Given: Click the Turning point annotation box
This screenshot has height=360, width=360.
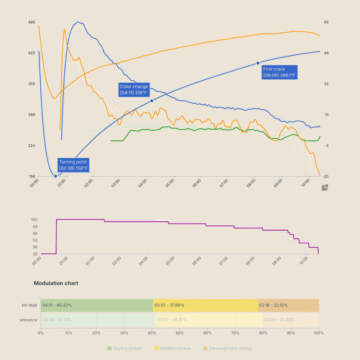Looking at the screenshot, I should click(73, 165).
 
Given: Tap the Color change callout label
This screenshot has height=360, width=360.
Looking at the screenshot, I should click(134, 90).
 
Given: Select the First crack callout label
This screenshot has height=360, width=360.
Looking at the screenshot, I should click(279, 72).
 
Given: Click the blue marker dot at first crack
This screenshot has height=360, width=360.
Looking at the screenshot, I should click(258, 63).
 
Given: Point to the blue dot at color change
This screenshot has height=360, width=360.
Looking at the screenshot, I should click(152, 101).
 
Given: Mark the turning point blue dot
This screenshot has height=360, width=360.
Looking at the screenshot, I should click(55, 176).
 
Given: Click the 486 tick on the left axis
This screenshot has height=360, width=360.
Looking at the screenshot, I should click(32, 22).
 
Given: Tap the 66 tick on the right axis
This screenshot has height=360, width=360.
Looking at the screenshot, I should click(326, 22).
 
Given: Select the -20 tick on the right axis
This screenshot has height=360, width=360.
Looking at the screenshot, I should click(326, 176).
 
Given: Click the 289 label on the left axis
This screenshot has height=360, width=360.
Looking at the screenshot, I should click(32, 115).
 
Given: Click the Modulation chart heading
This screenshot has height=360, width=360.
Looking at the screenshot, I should click(56, 283).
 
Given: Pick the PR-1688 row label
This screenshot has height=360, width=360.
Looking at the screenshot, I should click(29, 305).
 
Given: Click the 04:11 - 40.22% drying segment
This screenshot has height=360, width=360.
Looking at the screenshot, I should click(96, 305).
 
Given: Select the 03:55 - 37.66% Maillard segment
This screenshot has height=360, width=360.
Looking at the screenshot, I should click(205, 305).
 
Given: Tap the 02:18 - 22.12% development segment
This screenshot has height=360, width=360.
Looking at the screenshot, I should click(288, 305).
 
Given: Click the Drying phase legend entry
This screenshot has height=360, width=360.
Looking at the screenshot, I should click(124, 348).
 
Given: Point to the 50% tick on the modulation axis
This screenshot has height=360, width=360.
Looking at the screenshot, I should click(180, 333).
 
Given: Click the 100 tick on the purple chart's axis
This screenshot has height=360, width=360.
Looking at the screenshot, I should click(35, 220).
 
